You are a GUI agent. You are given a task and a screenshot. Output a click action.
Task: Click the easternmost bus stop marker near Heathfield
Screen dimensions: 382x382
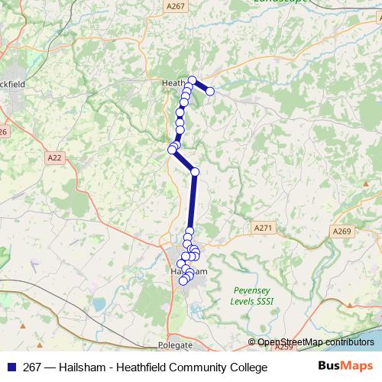pyautogui.click(x=210, y=92)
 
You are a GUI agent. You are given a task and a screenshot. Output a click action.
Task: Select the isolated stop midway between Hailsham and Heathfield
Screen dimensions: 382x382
pyautogui.click(x=194, y=171)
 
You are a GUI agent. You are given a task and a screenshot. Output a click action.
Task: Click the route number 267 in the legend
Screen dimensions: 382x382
pyautogui.click(x=32, y=367)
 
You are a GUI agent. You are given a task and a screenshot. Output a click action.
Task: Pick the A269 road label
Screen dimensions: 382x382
pyautogui.click(x=341, y=231)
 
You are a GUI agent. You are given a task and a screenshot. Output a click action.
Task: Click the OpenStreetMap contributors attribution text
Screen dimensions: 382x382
pyautogui.click(x=315, y=342)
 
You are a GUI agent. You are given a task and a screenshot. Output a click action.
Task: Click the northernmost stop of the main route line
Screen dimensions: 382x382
pyautogui.click(x=193, y=80)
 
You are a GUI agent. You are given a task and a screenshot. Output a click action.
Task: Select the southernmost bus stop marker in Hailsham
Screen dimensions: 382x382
pyautogui.click(x=183, y=282)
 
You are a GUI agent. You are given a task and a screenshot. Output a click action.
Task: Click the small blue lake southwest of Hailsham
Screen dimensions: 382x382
pyautogui.click(x=98, y=304)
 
